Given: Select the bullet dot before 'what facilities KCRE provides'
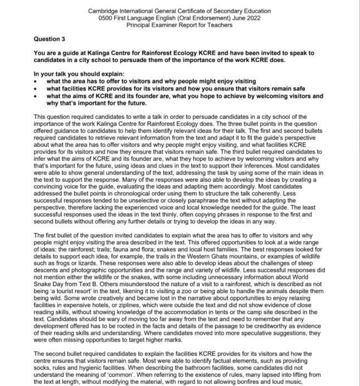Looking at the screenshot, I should coord(36,88).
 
